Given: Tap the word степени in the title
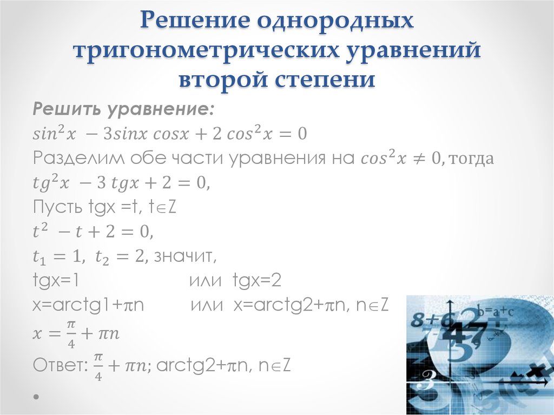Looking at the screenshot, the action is tap(325, 80).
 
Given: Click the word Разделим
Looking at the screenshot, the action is tap(78, 158).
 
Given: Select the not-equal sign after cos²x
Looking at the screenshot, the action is tap(419, 159).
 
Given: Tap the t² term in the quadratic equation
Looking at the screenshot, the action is tap(40, 231).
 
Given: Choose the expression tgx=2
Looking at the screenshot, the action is tap(257, 281).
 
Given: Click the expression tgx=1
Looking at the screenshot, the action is tap(56, 281).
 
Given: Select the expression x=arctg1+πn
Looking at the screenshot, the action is tap(88, 305).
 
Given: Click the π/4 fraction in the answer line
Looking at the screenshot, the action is tap(98, 366).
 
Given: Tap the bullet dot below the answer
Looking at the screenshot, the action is tap(36, 397).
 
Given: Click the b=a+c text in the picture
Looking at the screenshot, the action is tap(495, 312).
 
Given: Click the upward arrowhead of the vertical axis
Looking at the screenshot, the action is tap(451, 304).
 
